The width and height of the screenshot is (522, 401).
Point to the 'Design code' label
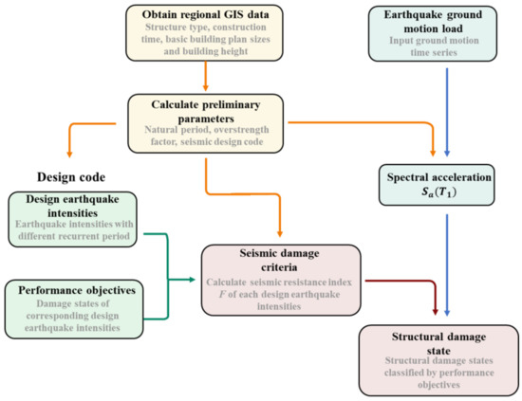click(69, 175)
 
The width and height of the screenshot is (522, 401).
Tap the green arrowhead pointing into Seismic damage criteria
click(194, 280)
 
